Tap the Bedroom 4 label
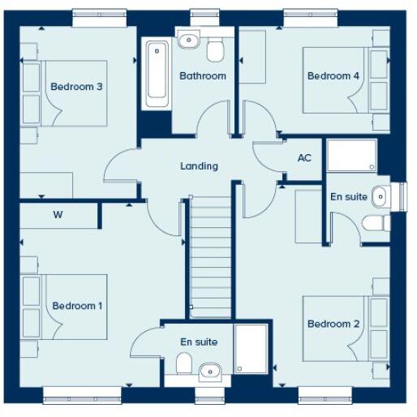[x=333, y=76]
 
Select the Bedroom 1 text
[x=77, y=306]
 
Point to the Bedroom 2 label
[x=333, y=325]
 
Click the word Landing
[x=199, y=166]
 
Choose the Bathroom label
[x=203, y=76]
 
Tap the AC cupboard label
[x=304, y=158]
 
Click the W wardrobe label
[x=58, y=216]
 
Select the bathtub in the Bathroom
[x=155, y=74]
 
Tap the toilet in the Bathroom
[x=215, y=50]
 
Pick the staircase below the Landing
[x=211, y=260]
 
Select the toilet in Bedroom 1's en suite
[x=184, y=363]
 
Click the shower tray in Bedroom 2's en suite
[x=351, y=155]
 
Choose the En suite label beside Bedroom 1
[x=199, y=342]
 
